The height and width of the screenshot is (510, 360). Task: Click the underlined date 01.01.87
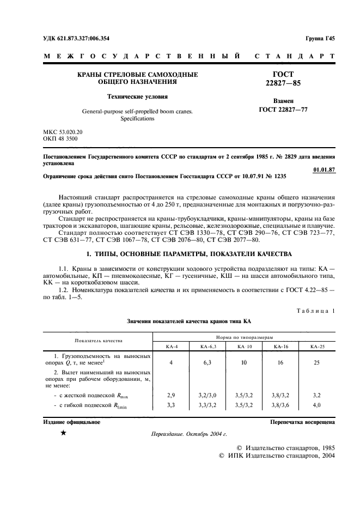coord(325,169)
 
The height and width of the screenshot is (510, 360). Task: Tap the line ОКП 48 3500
coord(60,139)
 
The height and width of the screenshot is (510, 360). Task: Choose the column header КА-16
coord(281,347)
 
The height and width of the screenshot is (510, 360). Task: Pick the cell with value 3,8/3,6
coord(281,405)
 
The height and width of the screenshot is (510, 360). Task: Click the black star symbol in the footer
coord(63,433)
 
